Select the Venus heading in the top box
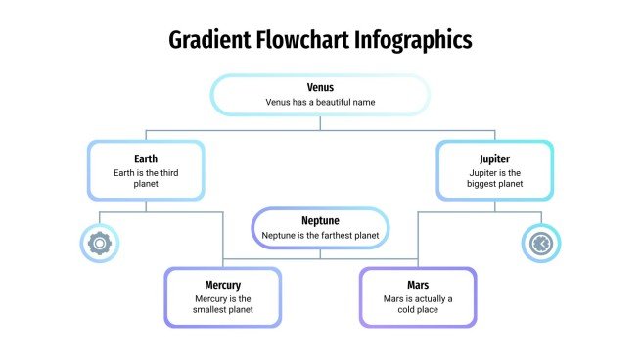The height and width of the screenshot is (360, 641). [320, 87]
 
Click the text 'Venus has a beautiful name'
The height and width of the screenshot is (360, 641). [320, 102]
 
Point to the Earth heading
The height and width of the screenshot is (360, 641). [146, 158]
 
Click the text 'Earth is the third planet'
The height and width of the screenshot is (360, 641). [146, 178]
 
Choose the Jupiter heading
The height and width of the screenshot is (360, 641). [495, 158]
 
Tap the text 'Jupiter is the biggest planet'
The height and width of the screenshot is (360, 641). [495, 178]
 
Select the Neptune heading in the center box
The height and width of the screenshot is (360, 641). [320, 220]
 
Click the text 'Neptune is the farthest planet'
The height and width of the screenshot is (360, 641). [320, 236]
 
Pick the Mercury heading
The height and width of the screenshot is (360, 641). [222, 285]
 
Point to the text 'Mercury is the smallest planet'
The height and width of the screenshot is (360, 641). [222, 304]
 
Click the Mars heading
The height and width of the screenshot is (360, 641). [418, 285]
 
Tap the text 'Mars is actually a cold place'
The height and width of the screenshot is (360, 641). [418, 304]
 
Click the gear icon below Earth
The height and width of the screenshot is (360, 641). [98, 244]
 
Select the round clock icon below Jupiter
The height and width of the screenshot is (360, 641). [541, 244]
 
